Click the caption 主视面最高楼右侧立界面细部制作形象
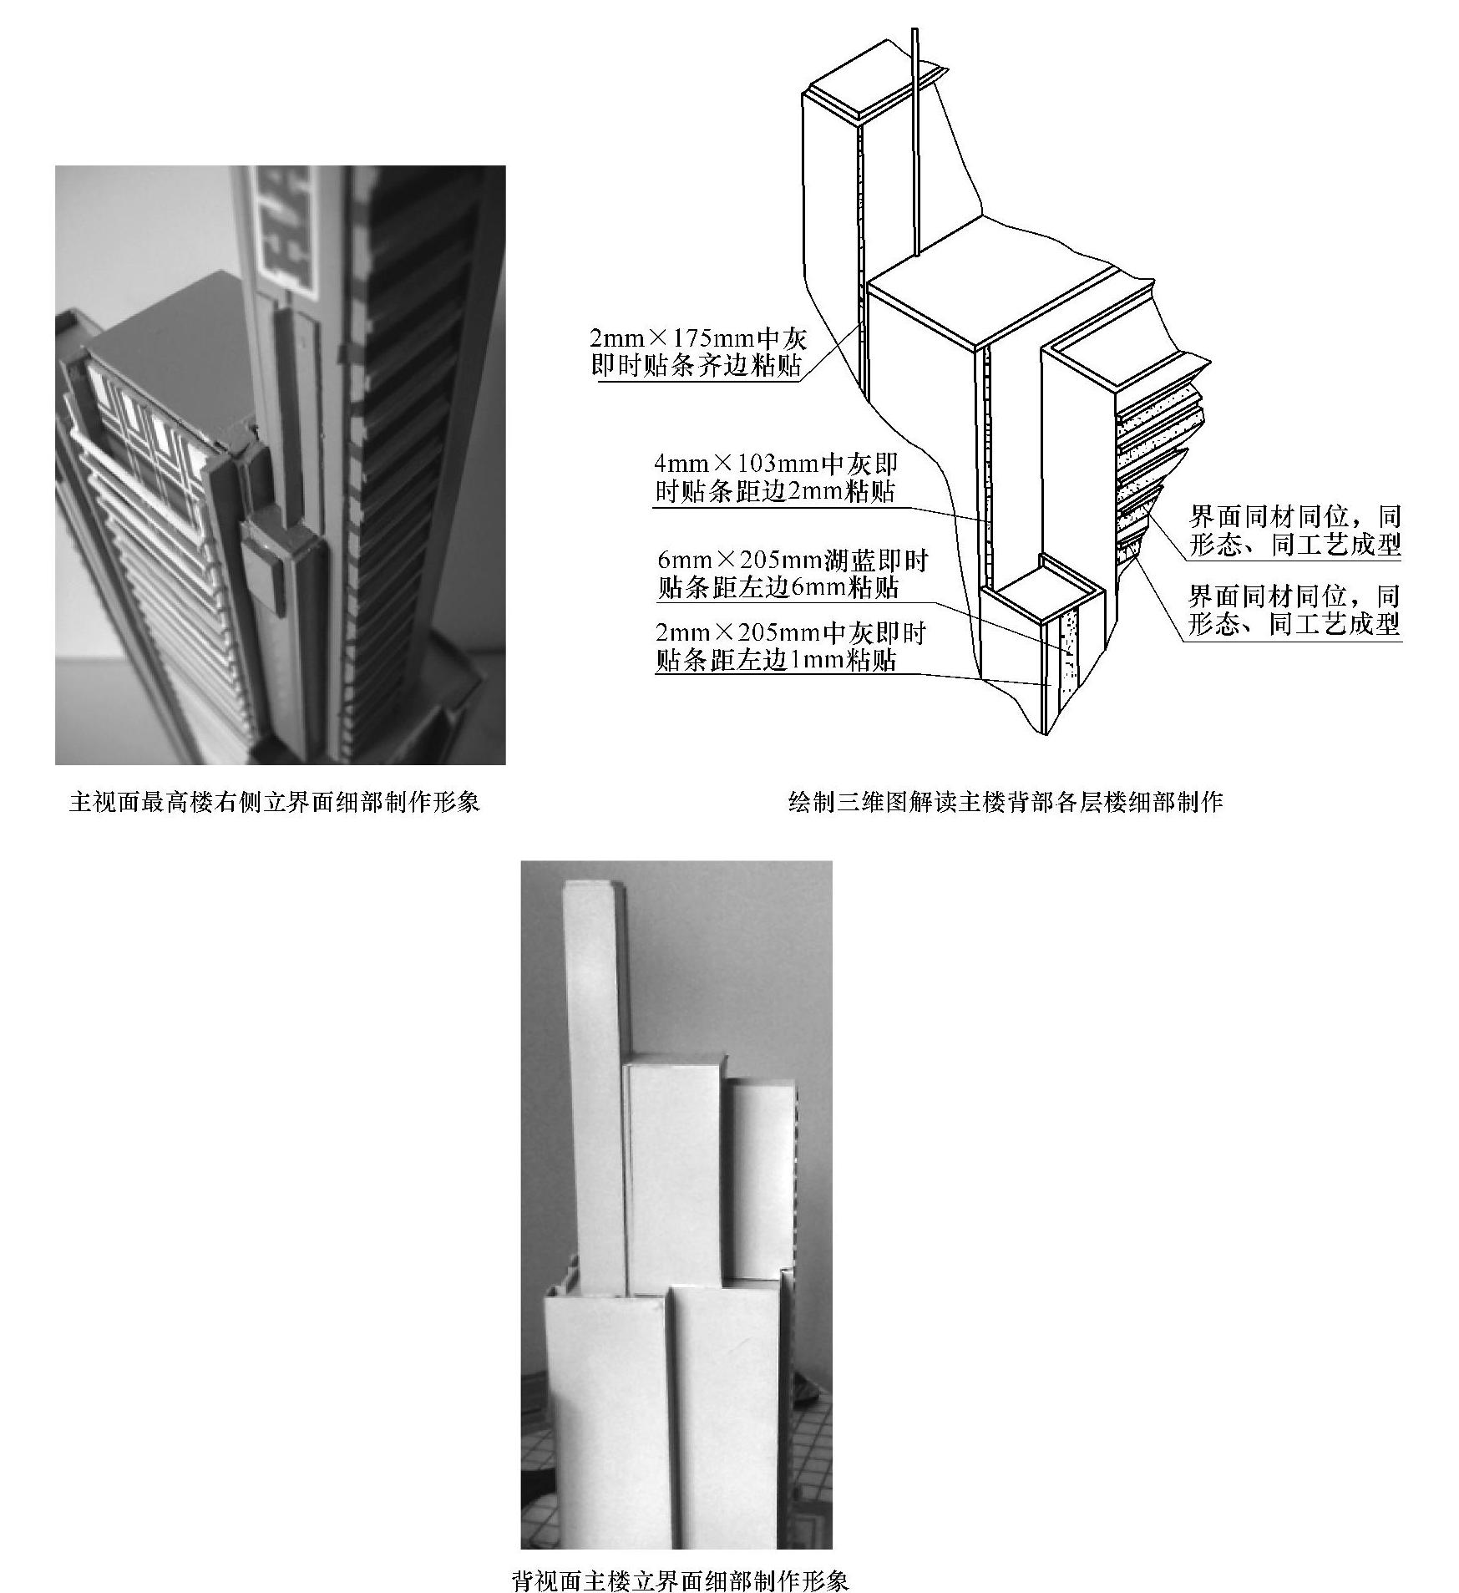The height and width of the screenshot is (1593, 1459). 276,803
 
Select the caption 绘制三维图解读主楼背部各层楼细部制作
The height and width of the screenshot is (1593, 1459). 1006,803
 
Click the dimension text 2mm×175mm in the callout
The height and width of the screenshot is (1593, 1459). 672,338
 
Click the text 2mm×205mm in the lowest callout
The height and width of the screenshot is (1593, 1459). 738,633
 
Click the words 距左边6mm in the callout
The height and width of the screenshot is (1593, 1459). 778,588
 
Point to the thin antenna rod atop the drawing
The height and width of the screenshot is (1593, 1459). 916,142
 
